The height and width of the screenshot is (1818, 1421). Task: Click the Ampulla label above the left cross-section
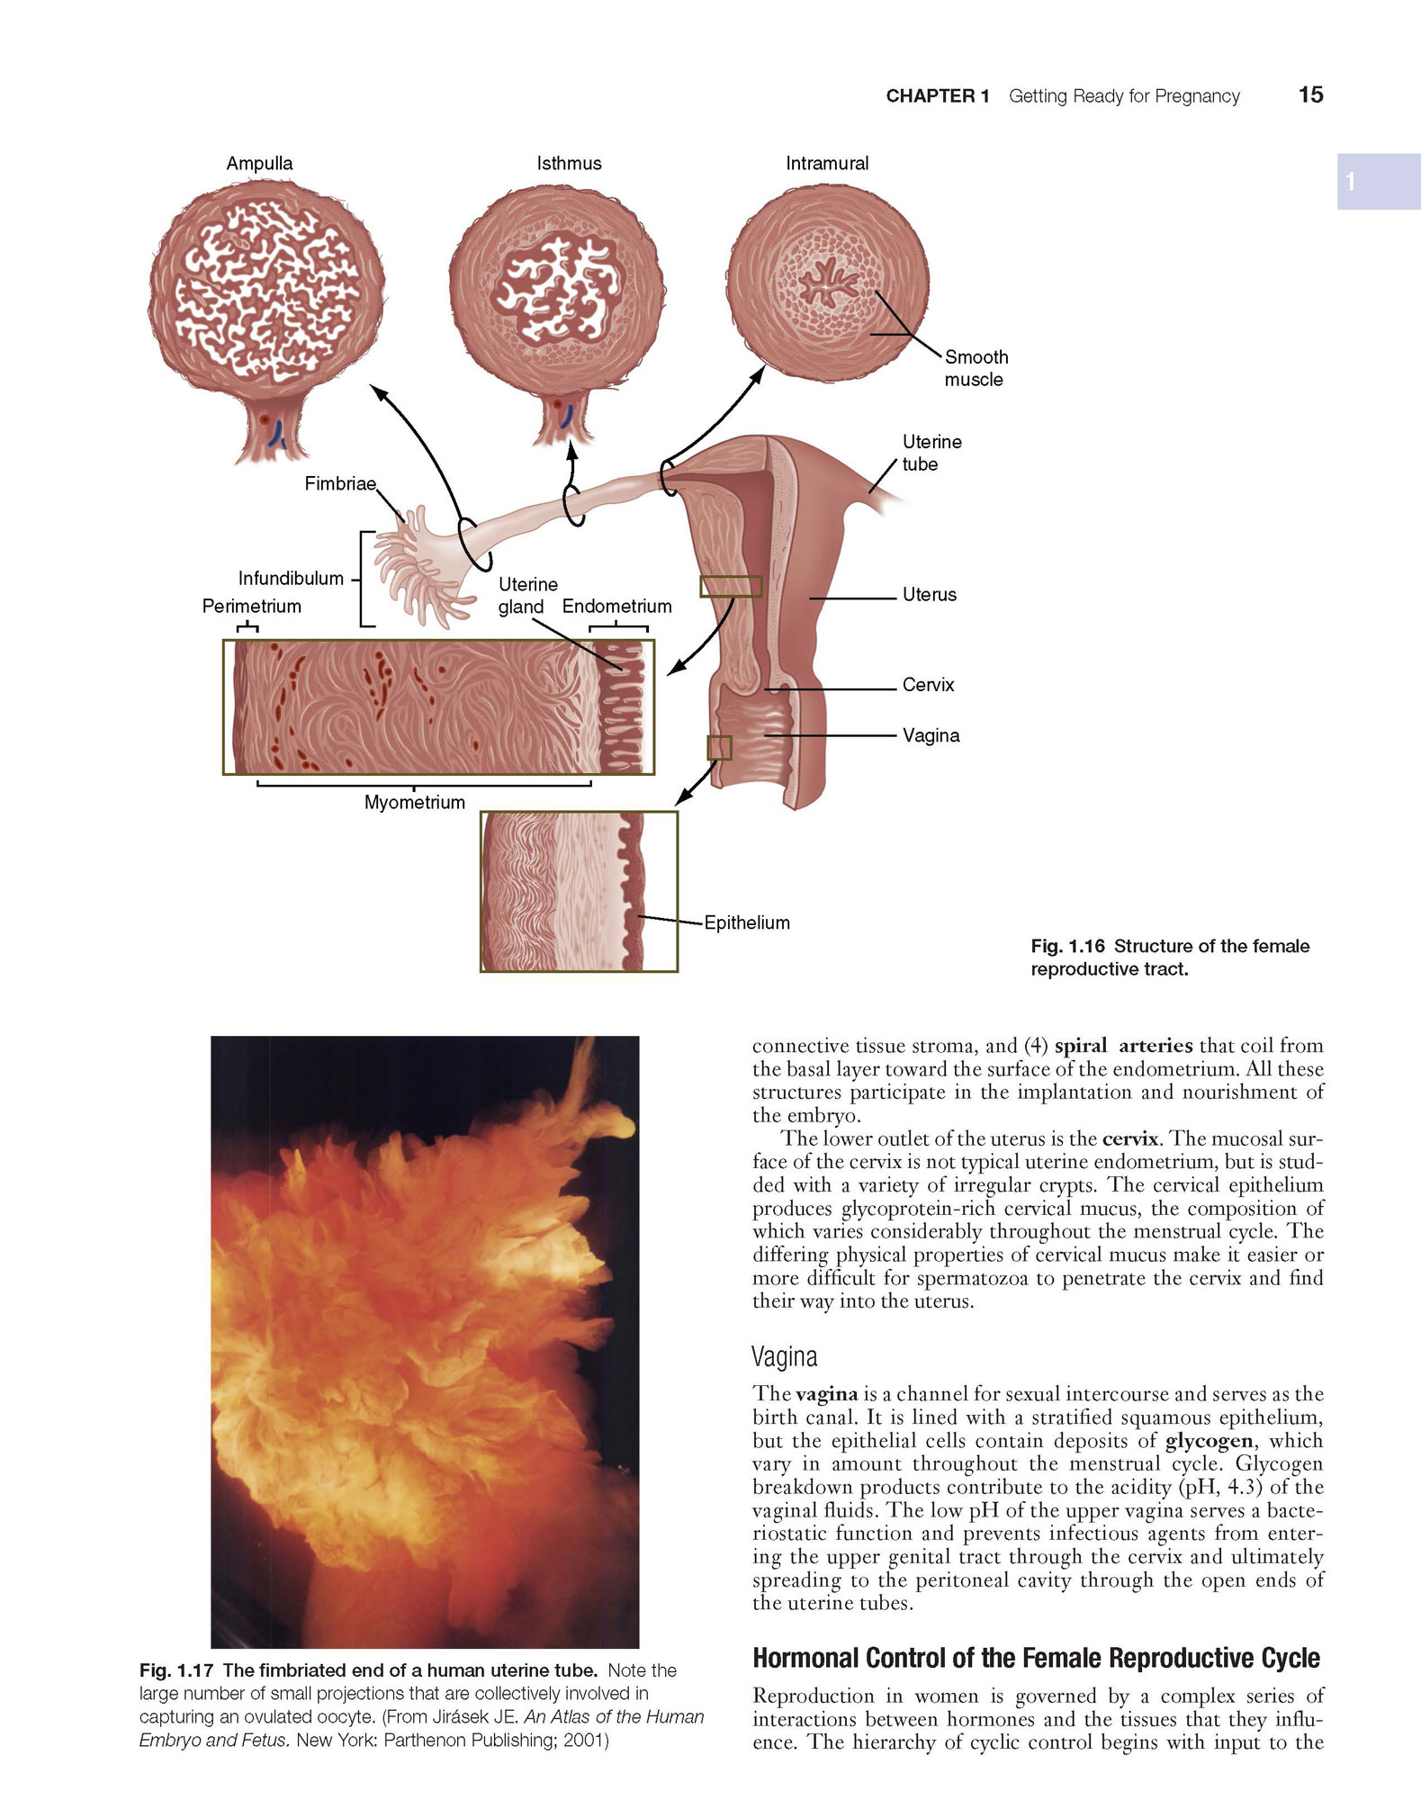(x=259, y=164)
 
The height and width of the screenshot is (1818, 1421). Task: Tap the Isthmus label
(x=569, y=164)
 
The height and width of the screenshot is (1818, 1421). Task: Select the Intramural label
(x=827, y=164)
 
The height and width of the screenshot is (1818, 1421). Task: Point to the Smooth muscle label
(x=976, y=368)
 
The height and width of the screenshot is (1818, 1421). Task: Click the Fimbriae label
(x=340, y=484)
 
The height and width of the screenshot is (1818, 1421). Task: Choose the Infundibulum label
(x=291, y=579)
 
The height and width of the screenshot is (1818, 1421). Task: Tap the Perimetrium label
(x=252, y=607)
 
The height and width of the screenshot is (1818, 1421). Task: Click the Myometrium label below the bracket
(x=415, y=803)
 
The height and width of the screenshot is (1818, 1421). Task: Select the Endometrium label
(x=617, y=607)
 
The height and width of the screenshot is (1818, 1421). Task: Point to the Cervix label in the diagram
(x=929, y=685)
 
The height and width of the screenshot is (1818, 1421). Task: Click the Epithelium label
(x=747, y=922)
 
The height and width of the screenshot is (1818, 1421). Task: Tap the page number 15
(x=1310, y=95)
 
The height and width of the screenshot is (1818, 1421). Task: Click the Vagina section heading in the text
(x=785, y=1356)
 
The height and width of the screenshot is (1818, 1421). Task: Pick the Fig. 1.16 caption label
(x=1067, y=946)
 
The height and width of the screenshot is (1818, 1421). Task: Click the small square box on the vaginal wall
(x=719, y=747)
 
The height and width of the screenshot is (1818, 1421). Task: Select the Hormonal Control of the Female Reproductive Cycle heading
(x=1036, y=1658)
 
